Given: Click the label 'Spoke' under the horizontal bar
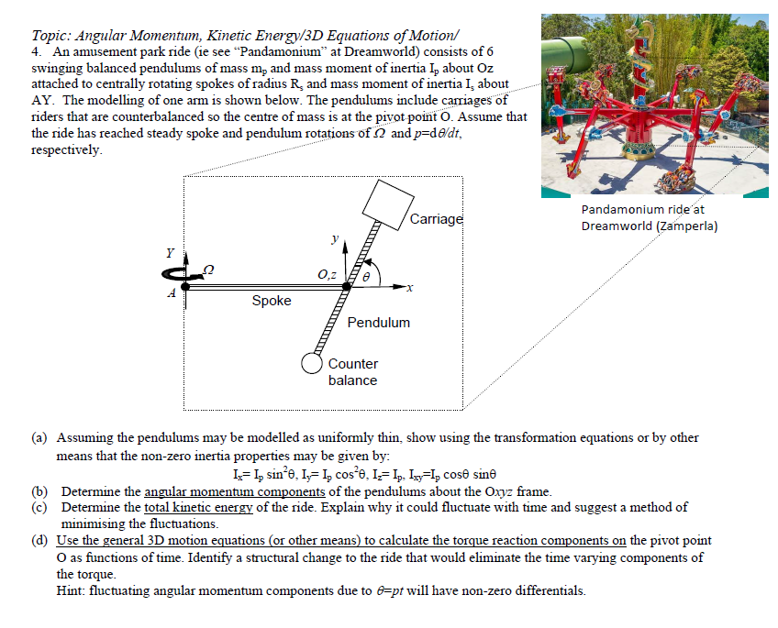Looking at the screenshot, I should [271, 301].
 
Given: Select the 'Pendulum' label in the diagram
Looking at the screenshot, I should [379, 323].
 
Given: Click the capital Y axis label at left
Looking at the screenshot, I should [169, 253].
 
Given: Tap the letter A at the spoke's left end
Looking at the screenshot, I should [171, 293].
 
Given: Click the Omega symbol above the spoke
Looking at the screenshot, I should [207, 266].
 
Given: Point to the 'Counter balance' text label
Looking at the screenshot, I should [353, 372].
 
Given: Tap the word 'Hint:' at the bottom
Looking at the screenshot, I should [72, 590].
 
